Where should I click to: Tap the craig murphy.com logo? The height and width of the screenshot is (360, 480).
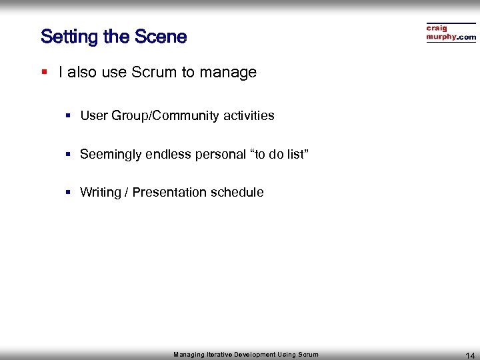pyautogui.click(x=451, y=33)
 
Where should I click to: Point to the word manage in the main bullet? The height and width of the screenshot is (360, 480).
pyautogui.click(x=229, y=73)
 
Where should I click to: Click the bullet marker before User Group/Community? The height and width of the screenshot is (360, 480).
pyautogui.click(x=68, y=116)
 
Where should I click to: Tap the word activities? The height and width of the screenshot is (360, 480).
pyautogui.click(x=249, y=116)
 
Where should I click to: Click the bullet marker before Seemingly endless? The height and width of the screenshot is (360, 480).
pyautogui.click(x=68, y=155)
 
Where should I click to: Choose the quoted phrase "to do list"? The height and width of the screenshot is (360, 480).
pyautogui.click(x=279, y=155)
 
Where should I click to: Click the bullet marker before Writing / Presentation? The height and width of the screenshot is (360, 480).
pyautogui.click(x=68, y=193)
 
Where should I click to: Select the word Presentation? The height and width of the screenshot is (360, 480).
pyautogui.click(x=169, y=193)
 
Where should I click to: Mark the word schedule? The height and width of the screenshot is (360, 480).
pyautogui.click(x=237, y=193)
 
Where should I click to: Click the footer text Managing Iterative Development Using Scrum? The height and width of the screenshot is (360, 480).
pyautogui.click(x=246, y=355)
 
